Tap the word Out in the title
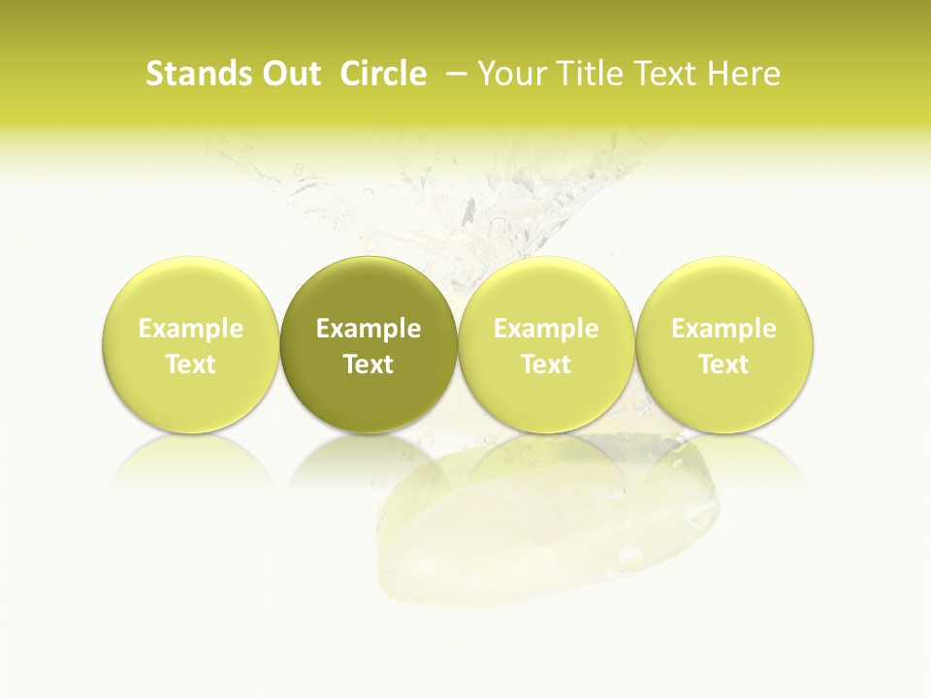(288, 74)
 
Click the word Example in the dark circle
(369, 330)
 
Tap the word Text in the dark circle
(369, 365)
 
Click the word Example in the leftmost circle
(190, 330)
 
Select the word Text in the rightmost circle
(724, 365)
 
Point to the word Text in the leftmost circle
(190, 365)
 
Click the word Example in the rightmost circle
(724, 330)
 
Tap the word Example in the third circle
(546, 330)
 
